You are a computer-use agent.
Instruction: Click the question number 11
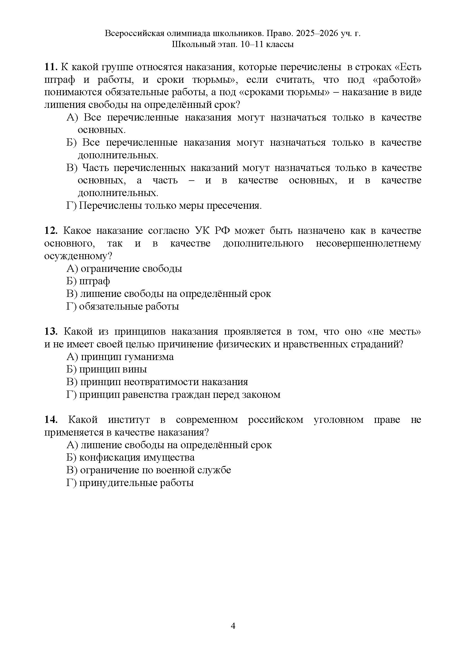click(x=51, y=67)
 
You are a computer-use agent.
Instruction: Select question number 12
click(x=51, y=231)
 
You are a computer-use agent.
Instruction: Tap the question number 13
click(x=51, y=332)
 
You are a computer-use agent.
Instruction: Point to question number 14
click(x=51, y=420)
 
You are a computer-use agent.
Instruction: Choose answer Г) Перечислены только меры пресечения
click(x=164, y=206)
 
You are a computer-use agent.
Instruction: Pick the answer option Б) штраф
click(x=88, y=281)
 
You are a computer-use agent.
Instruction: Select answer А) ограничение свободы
click(x=124, y=269)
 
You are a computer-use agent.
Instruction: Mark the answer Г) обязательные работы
click(x=123, y=307)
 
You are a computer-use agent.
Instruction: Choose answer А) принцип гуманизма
click(x=120, y=357)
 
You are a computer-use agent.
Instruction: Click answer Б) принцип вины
click(x=106, y=369)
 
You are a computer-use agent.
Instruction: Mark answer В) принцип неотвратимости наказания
click(x=157, y=382)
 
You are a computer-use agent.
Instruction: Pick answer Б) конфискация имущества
click(x=130, y=458)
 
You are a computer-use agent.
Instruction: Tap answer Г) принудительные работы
click(x=130, y=483)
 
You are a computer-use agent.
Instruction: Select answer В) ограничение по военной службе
click(x=149, y=470)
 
